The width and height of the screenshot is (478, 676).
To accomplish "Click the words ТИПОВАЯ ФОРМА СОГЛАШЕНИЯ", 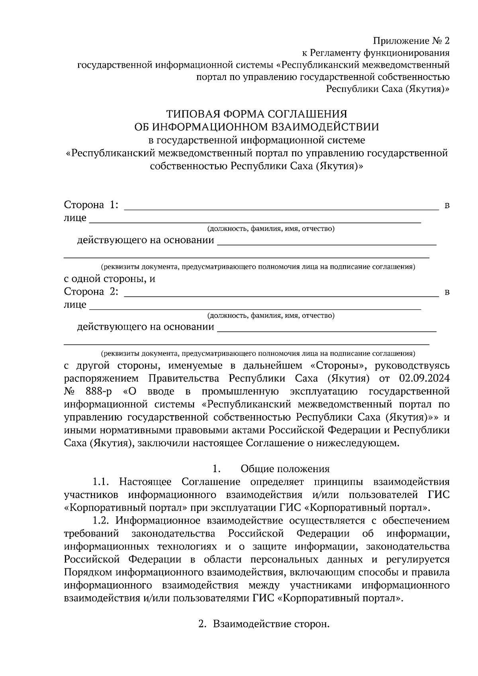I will [x=257, y=114].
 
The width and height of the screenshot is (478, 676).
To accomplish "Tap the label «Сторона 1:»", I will [x=91, y=205].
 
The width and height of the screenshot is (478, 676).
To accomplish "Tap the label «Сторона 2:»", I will [x=91, y=291].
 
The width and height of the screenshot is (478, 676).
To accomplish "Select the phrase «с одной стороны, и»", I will [x=110, y=279].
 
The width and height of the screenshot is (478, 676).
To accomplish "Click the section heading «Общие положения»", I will [x=285, y=469].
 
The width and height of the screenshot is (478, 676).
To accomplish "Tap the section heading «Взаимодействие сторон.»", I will [x=271, y=624].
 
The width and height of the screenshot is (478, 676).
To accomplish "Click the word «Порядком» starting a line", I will [x=88, y=572].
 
